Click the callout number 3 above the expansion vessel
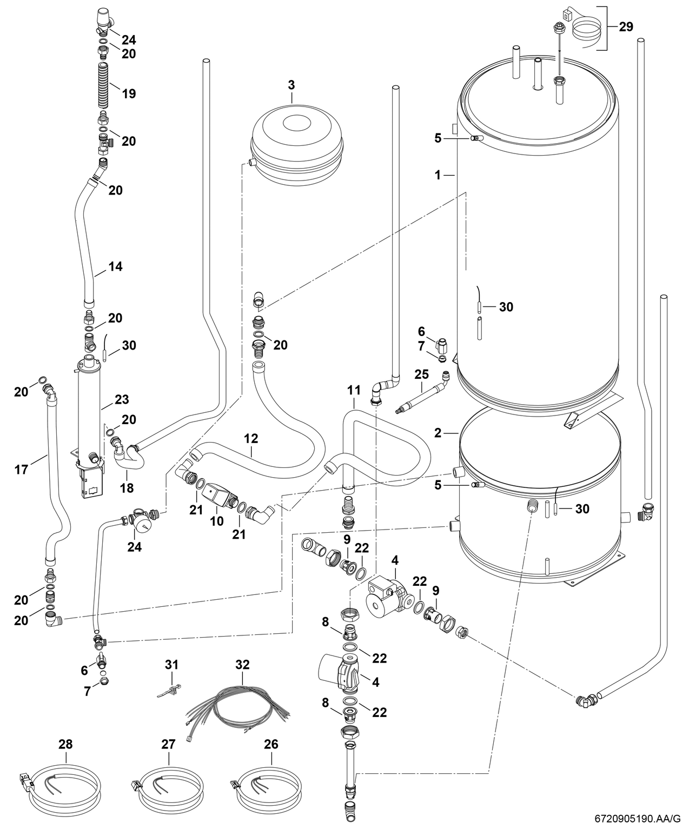[291, 85]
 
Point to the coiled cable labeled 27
[169, 783]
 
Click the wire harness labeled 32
[238, 702]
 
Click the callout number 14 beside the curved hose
[115, 266]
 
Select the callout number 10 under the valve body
[217, 521]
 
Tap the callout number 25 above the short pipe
[421, 373]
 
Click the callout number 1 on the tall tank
[439, 175]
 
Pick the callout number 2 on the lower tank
[439, 433]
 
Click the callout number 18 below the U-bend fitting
[127, 488]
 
